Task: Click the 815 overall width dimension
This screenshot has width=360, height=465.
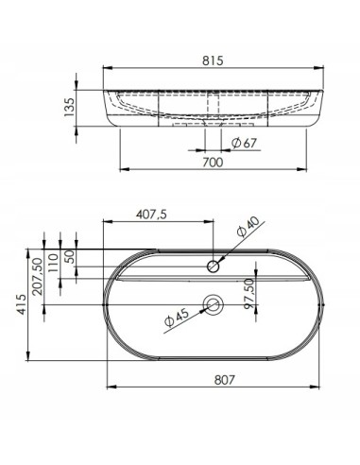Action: tap(213, 60)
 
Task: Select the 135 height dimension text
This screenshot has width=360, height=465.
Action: tap(69, 107)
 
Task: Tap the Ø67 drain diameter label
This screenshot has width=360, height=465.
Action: tap(245, 144)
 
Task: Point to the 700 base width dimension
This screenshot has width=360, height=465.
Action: tap(213, 163)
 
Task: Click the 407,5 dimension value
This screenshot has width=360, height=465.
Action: tap(151, 215)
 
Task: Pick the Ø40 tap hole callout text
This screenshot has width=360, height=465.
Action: tap(249, 226)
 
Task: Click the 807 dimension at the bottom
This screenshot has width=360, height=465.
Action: tap(225, 380)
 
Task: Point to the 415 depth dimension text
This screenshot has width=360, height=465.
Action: tap(22, 304)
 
